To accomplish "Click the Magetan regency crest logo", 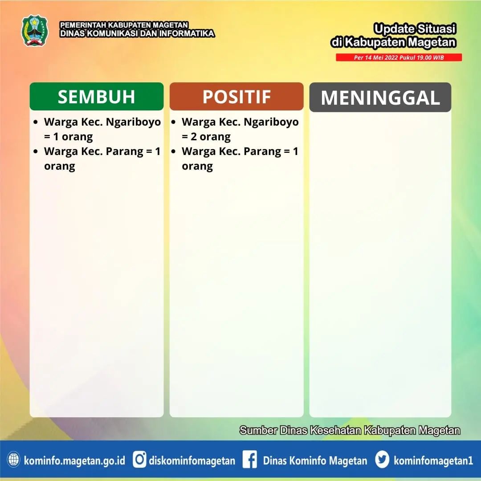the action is (35, 31).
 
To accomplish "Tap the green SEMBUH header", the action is (97, 96).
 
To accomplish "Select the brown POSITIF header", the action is (236, 96).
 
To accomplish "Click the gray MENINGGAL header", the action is (380, 97).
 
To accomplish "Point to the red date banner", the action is (399, 57).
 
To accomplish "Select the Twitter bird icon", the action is (382, 460).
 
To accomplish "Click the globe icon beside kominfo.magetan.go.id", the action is (13, 460).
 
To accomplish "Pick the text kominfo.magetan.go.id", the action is (74, 461).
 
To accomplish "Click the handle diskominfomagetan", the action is (192, 461).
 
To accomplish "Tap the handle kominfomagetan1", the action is (433, 461).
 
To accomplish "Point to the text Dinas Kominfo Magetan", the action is (315, 461).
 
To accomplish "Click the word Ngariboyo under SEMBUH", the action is (134, 122).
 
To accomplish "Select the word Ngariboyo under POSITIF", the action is (271, 122).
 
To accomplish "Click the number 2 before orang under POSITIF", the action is (194, 137).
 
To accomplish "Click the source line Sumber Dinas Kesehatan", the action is (350, 430).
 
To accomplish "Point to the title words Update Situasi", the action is (415, 29).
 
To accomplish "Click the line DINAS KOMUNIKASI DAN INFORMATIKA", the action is (137, 33).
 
